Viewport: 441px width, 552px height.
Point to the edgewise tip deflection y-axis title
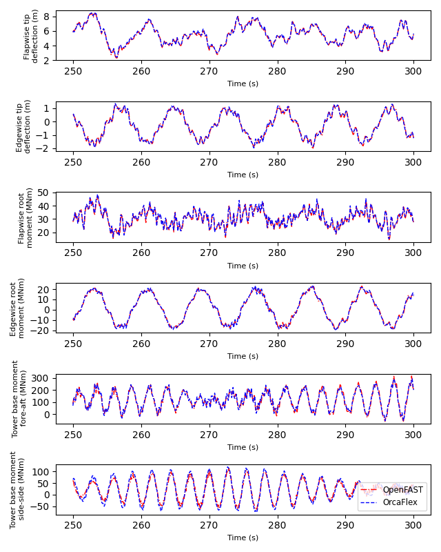point(24,126)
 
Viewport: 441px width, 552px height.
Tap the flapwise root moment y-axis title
point(25,217)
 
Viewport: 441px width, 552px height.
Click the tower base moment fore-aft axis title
point(19,399)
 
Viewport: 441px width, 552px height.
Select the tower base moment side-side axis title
point(17,489)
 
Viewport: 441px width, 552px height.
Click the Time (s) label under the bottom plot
point(243,538)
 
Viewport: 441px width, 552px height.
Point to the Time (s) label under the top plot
point(243,83)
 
